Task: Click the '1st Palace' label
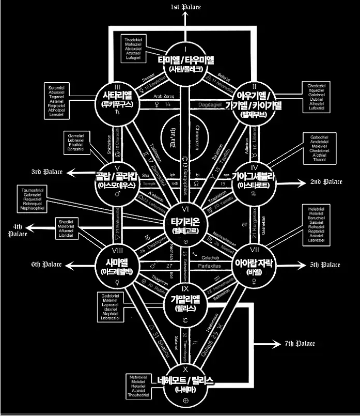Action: click(x=185, y=7)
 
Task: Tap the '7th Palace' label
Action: click(x=300, y=344)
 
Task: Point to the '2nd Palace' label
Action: click(x=326, y=182)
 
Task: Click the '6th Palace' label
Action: click(x=46, y=265)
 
